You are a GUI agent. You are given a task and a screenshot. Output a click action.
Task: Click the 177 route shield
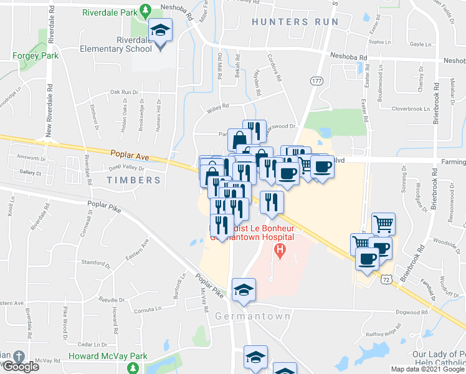pyautogui.click(x=316, y=82)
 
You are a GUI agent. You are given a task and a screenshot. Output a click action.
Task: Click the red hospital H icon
pyautogui.click(x=280, y=252)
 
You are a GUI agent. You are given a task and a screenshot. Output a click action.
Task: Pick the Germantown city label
pyautogui.click(x=253, y=317)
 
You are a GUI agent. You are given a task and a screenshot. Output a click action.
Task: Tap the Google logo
pyautogui.click(x=21, y=367)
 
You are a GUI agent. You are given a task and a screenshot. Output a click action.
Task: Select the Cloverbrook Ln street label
pyautogui.click(x=411, y=108)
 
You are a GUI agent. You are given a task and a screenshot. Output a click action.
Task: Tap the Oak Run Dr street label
pyautogui.click(x=123, y=92)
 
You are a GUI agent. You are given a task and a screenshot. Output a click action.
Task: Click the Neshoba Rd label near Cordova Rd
pyautogui.click(x=349, y=56)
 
